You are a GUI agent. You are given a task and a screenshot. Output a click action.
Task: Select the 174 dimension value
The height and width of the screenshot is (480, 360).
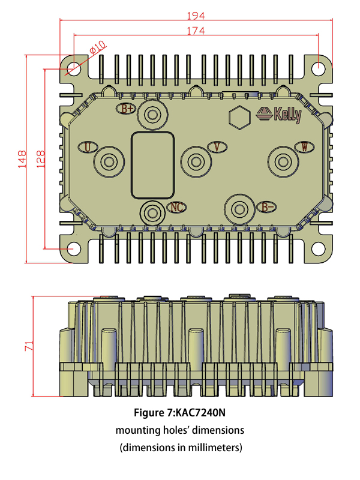click(196, 30)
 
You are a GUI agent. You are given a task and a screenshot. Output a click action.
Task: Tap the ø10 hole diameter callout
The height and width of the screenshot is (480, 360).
click(98, 46)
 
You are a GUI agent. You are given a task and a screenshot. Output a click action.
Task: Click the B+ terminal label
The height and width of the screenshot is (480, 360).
click(127, 109)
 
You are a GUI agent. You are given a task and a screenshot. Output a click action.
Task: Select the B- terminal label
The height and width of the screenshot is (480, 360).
click(267, 207)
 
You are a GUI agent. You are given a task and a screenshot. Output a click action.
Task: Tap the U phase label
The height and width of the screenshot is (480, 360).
click(88, 148)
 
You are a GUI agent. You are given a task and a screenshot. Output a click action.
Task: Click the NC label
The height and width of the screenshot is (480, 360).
click(176, 208)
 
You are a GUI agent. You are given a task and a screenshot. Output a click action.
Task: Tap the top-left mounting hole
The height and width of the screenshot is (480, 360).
click(73, 68)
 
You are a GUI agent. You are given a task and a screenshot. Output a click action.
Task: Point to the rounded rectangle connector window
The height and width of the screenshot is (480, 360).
click(153, 164)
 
